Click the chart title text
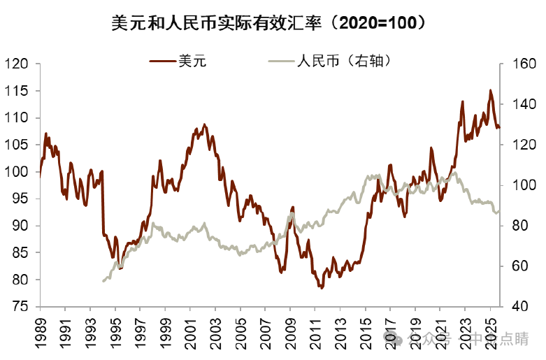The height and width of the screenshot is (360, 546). (272, 23)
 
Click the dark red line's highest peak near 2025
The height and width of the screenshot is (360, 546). (490, 90)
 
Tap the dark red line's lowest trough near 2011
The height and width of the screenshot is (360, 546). (322, 287)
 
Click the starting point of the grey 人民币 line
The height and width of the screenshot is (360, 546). (103, 281)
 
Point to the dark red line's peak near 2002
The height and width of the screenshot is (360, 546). (205, 124)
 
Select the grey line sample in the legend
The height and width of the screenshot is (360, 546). (280, 62)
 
